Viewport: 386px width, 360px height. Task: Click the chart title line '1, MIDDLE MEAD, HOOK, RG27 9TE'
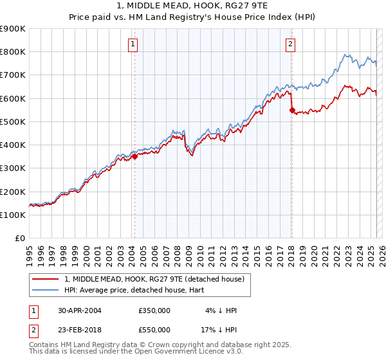[193, 7]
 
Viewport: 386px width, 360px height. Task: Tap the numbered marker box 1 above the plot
[133, 44]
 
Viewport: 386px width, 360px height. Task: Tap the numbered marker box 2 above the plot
[290, 44]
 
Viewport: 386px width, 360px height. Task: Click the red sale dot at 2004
[134, 156]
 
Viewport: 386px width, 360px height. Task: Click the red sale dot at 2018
[292, 110]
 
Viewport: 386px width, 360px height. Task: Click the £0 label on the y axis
[19, 238]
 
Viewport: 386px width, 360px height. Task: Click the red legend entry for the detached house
[154, 279]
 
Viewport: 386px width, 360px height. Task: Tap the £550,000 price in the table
[154, 329]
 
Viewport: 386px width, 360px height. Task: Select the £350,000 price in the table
[154, 310]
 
